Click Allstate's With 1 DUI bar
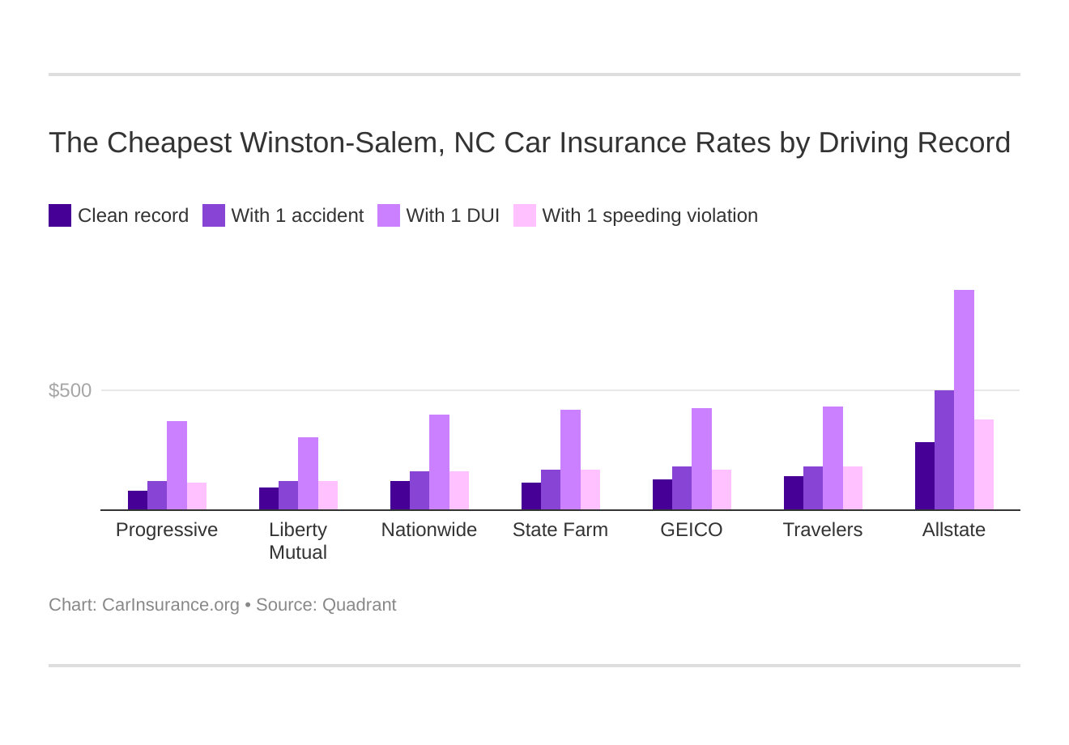[964, 400]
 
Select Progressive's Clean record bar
[138, 500]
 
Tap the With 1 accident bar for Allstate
[944, 450]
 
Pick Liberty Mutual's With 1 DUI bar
[308, 474]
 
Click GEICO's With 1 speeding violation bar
[722, 490]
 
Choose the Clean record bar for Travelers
[794, 493]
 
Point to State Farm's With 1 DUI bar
[570, 460]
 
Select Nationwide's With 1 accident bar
[420, 491]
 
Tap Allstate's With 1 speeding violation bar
[984, 465]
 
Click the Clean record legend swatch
[60, 215]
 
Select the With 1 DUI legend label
[453, 215]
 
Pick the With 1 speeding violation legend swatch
[525, 215]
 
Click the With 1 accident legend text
[297, 215]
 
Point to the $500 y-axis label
[70, 390]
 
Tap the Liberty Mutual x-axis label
[298, 541]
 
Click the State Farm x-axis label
[560, 530]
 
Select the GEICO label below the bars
[692, 530]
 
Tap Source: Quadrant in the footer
[326, 605]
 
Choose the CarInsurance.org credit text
[170, 605]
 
